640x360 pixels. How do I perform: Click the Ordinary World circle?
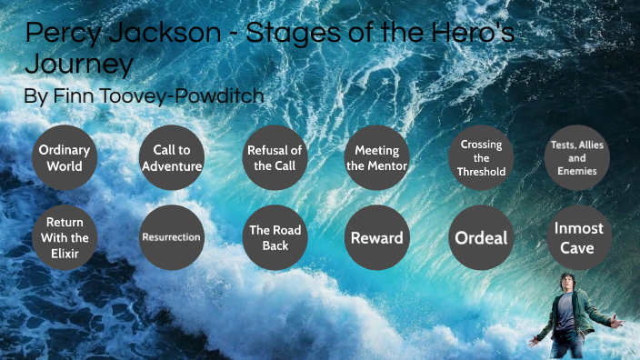tap(64, 158)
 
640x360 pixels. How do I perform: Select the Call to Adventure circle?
tap(171, 158)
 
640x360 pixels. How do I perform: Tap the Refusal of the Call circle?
tap(275, 158)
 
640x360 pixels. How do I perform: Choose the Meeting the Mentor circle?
tap(376, 158)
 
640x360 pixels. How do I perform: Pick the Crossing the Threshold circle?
tap(481, 158)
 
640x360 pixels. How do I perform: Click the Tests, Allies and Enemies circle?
tap(577, 158)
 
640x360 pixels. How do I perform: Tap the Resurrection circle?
tap(171, 237)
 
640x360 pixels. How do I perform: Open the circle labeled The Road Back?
tap(275, 237)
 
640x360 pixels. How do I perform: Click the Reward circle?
tap(376, 237)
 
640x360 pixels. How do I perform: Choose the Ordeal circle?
tap(481, 238)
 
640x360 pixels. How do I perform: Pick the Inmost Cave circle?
tap(578, 237)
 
